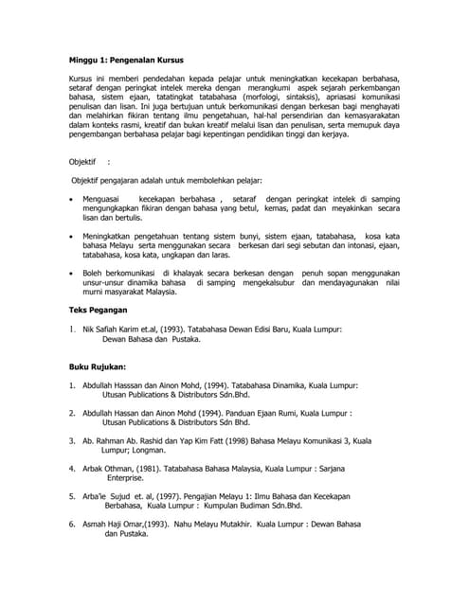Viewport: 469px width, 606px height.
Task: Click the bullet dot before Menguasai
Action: (73, 199)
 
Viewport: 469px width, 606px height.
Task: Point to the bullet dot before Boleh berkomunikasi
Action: (73, 273)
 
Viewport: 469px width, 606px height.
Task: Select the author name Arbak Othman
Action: (113, 468)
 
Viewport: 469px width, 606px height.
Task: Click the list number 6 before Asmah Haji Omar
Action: (73, 524)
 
